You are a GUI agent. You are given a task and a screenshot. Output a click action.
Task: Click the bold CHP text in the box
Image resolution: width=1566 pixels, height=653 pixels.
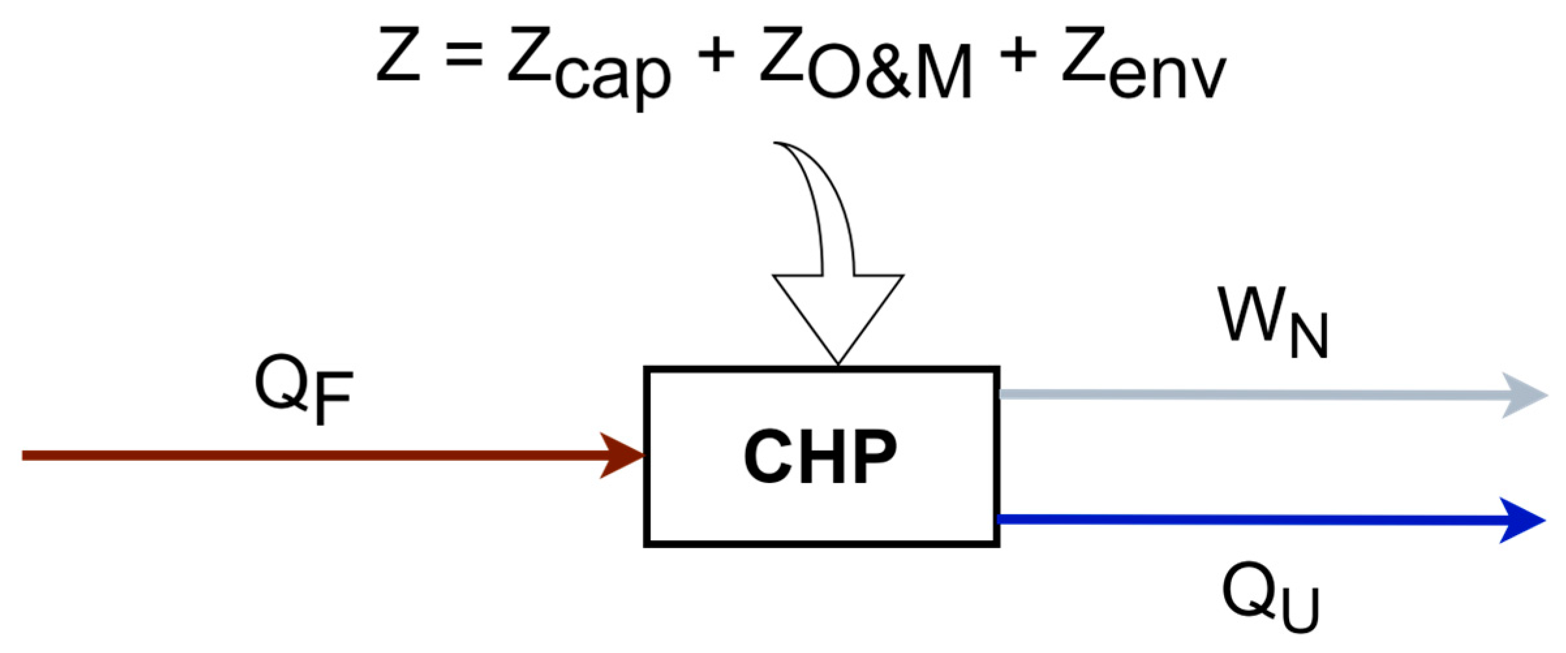pos(820,458)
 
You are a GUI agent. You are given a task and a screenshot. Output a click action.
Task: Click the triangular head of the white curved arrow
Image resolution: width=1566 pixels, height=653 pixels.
pos(838,313)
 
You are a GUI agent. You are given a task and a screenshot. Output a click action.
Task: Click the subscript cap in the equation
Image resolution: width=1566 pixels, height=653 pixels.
pos(612,75)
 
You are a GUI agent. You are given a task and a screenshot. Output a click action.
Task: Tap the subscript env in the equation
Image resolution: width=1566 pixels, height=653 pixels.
pos(1167,75)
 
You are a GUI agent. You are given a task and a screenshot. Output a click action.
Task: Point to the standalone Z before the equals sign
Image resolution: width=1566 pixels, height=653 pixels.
pos(398,53)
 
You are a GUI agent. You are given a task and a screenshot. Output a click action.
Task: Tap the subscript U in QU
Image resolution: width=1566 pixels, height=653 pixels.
pos(1296,609)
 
